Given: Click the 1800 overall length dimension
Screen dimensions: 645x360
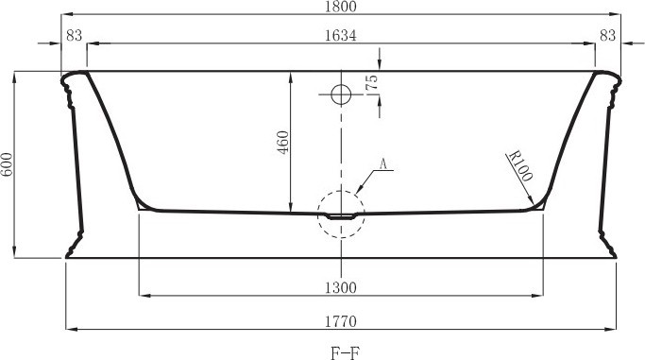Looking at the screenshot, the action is click(341, 7).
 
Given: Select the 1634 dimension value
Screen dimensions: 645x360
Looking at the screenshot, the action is click(341, 35).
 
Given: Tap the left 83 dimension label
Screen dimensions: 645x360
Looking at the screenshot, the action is click(74, 35).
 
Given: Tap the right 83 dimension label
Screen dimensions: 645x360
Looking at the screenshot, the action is click(607, 35).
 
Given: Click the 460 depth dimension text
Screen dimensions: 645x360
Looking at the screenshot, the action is click(283, 142).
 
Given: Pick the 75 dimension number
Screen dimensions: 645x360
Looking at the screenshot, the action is click(371, 83).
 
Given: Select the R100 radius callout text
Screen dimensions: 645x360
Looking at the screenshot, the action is click(520, 166).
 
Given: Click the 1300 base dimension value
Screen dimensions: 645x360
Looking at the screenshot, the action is click(341, 287).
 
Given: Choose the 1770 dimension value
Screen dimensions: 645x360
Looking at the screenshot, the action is click(341, 321).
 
